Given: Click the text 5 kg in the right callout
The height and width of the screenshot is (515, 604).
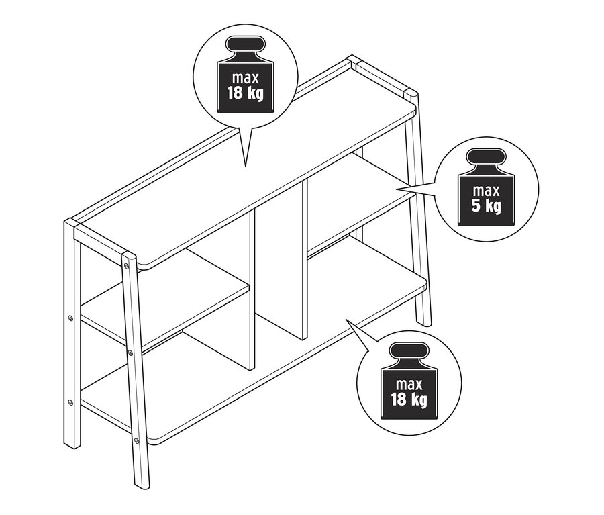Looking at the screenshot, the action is click(x=487, y=205).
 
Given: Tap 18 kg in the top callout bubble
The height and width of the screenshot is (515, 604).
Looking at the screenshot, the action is click(x=246, y=93).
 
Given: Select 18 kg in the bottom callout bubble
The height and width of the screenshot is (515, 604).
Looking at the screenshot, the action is click(x=409, y=399).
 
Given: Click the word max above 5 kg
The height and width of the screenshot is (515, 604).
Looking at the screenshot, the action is click(x=486, y=191).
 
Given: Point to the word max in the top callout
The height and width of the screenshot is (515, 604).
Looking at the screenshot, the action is click(x=246, y=78).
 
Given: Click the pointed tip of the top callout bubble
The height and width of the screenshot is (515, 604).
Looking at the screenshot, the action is click(x=246, y=167).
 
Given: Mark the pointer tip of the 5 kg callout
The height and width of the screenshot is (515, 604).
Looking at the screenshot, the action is click(x=397, y=189).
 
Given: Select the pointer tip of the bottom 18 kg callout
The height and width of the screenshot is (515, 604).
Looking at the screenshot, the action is click(x=346, y=320).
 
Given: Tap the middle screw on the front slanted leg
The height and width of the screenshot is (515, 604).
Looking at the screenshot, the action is click(x=130, y=352).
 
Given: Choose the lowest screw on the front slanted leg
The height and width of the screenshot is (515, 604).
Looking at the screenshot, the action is click(x=136, y=440).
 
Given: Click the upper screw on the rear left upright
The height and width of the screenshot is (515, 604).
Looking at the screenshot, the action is click(x=70, y=318).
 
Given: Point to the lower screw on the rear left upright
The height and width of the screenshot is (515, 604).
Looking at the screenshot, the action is click(x=70, y=403).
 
